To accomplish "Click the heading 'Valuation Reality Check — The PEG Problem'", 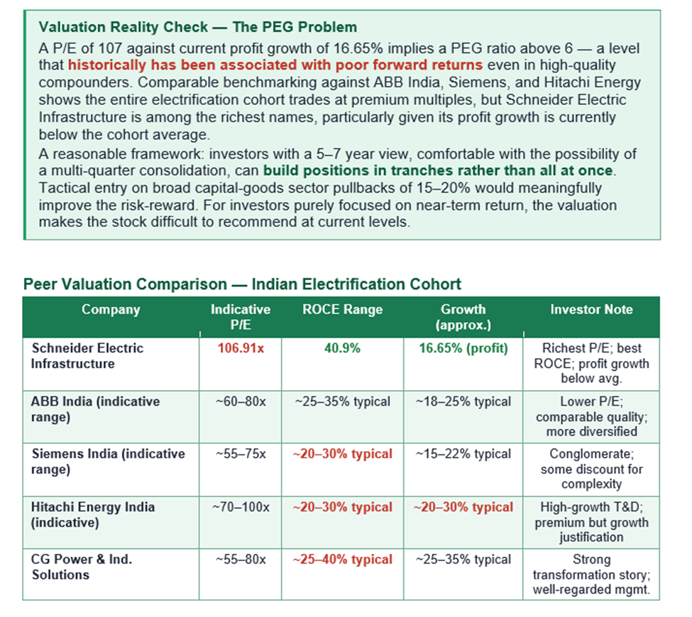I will pyautogui.click(x=198, y=28).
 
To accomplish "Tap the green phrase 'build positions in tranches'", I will pyautogui.click(x=438, y=171).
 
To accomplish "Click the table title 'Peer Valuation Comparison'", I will pyautogui.click(x=241, y=284).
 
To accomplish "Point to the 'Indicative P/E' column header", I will pyautogui.click(x=241, y=317).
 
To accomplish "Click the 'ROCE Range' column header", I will pyautogui.click(x=343, y=309).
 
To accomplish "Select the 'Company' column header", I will pyautogui.click(x=111, y=309).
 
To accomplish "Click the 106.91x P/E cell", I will pyautogui.click(x=241, y=348).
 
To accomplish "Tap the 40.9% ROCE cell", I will pyautogui.click(x=343, y=348).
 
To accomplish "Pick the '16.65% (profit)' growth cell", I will pyautogui.click(x=463, y=348).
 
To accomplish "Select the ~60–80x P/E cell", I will pyautogui.click(x=241, y=401).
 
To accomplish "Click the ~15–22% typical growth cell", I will pyautogui.click(x=463, y=454).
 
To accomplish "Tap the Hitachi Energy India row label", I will pyautogui.click(x=92, y=515).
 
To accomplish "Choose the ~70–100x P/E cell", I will pyautogui.click(x=241, y=507).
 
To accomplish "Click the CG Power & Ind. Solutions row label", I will pyautogui.click(x=82, y=567).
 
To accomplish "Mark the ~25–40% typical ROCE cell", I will pyautogui.click(x=343, y=560).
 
